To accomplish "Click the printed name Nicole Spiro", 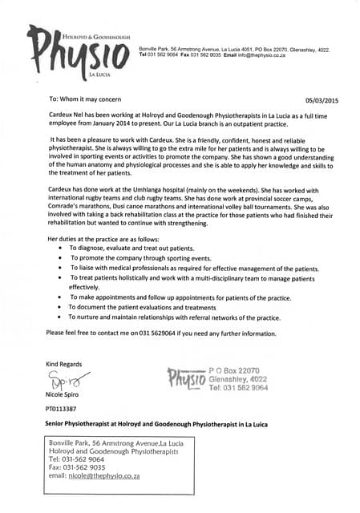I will [67, 394].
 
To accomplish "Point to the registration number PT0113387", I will [63, 409].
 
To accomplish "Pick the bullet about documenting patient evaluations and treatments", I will [142, 307].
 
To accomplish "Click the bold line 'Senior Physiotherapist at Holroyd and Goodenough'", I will [156, 424].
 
